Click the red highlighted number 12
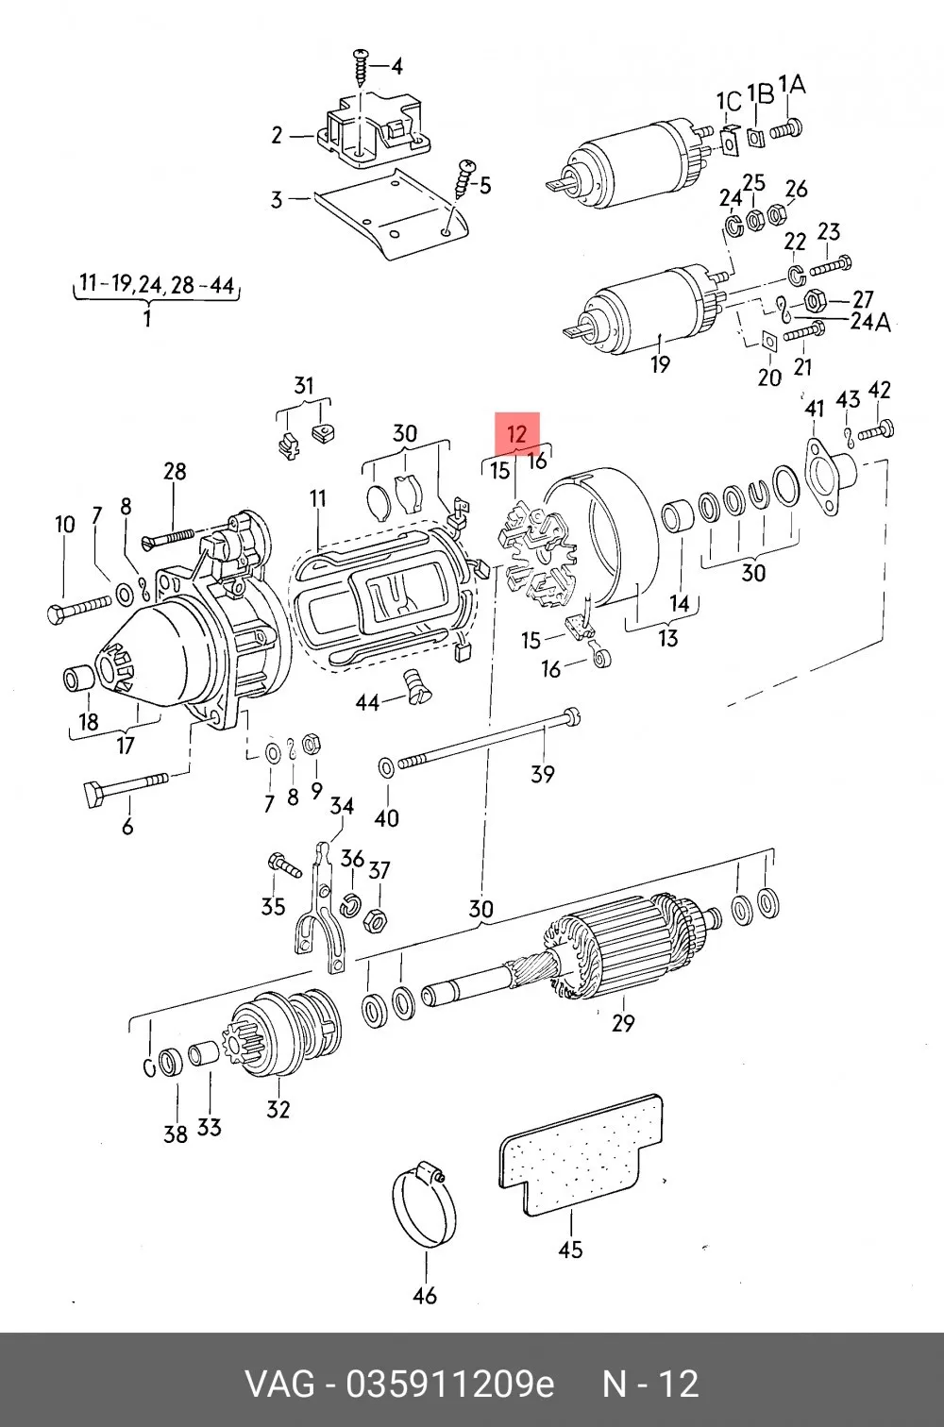pos(517,434)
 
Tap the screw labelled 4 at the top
pos(361,68)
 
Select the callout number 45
pos(570,1250)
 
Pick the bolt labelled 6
pos(126,789)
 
